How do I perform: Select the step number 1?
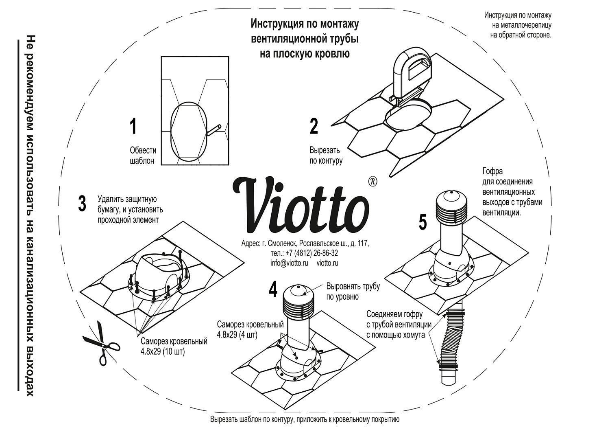(133, 126)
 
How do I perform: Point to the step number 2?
(314, 126)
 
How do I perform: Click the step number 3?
(82, 204)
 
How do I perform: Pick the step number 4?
(273, 289)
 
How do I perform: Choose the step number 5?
(423, 222)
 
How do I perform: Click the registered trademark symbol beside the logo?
(372, 181)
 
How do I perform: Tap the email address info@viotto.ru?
(289, 263)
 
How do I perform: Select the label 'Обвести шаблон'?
(143, 156)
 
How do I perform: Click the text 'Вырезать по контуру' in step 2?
(326, 156)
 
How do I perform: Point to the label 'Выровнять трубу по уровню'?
(353, 291)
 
